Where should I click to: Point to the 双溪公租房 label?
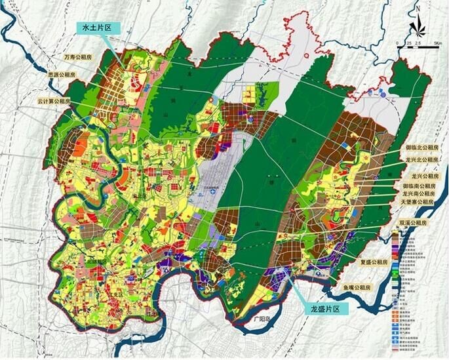click(423, 223)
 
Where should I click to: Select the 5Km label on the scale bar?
click(439, 43)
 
